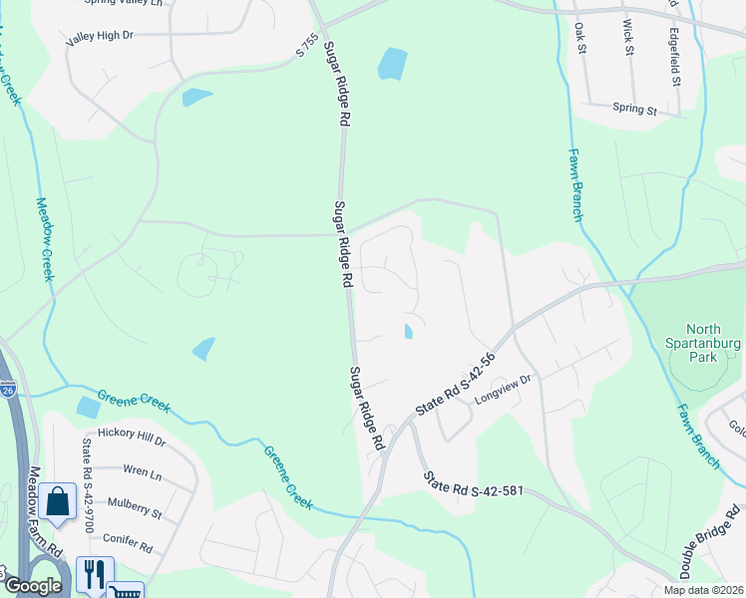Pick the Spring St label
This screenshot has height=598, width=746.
coord(634,109)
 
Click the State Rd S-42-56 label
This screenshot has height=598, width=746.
coord(456,385)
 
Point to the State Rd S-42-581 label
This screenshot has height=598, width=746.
coord(473,486)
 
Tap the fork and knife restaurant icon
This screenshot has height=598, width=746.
coord(95,573)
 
